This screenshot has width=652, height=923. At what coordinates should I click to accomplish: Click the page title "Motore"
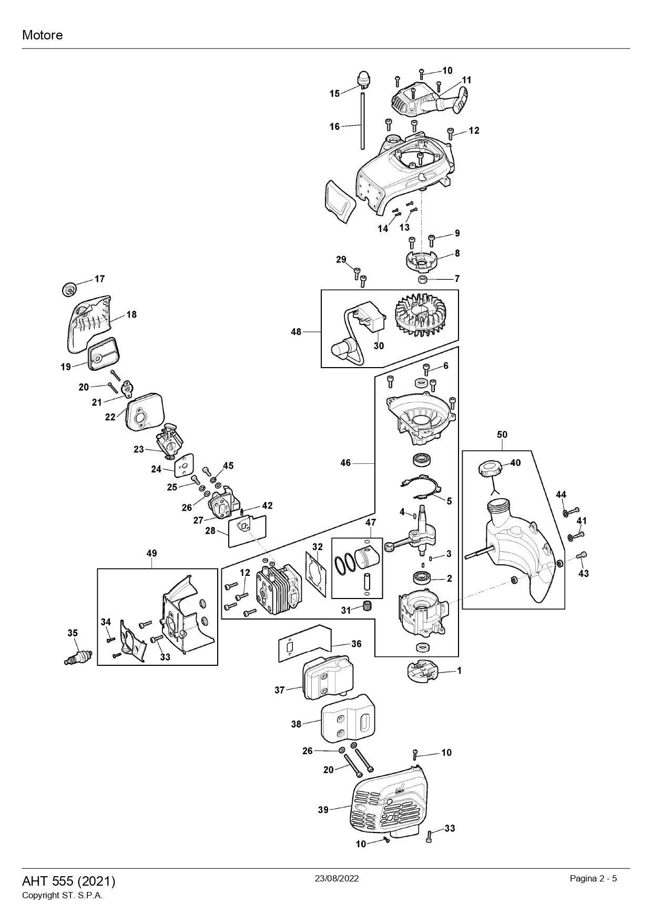[42, 35]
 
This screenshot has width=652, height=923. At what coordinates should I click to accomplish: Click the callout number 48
[296, 332]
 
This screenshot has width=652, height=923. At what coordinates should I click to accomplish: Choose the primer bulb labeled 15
[362, 79]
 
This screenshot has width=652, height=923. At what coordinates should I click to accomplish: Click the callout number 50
[502, 434]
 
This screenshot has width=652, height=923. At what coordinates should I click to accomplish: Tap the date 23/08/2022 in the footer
[337, 878]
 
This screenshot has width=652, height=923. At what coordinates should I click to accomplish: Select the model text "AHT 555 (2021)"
[68, 881]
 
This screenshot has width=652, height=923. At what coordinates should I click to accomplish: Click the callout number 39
[323, 810]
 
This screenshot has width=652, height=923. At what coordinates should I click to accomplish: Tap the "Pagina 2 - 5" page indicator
[593, 878]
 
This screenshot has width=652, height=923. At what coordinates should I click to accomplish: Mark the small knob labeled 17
[69, 288]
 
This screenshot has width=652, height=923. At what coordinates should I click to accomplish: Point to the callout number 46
[345, 463]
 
